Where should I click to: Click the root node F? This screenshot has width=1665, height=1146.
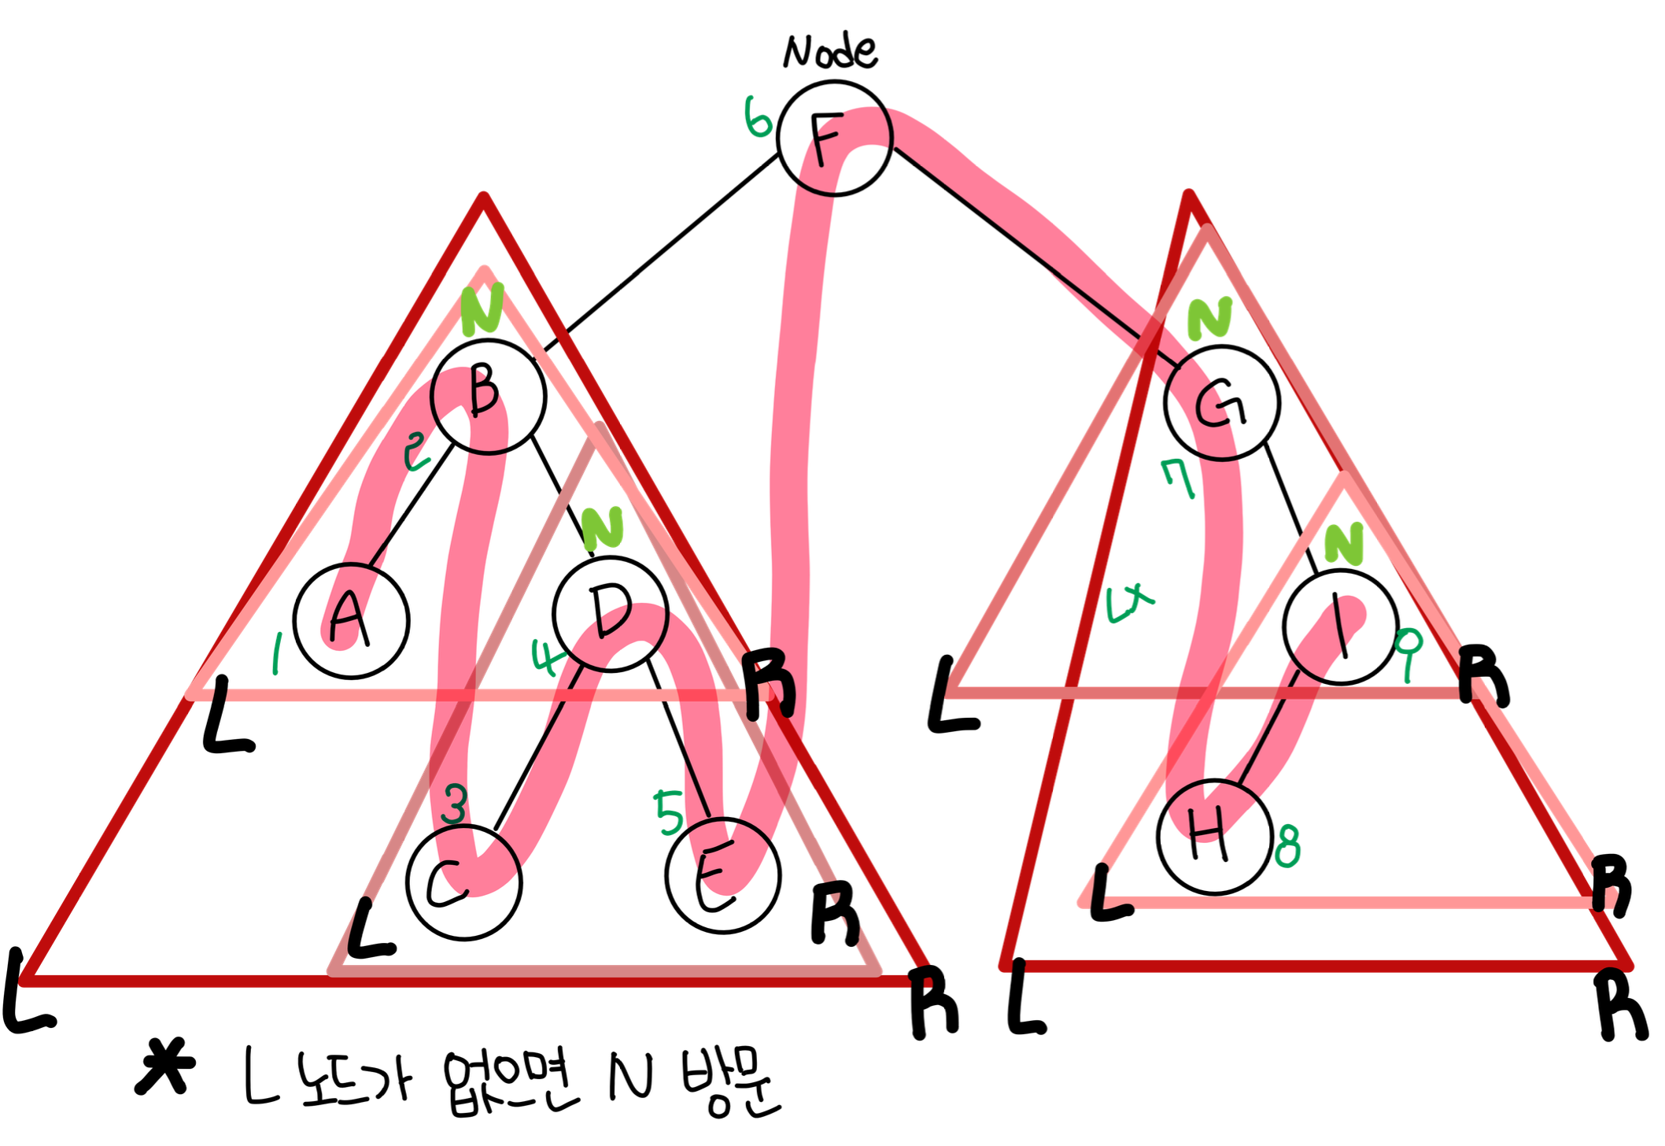tap(834, 137)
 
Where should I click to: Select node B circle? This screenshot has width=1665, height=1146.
tap(488, 396)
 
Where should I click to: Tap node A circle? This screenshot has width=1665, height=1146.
tap(352, 620)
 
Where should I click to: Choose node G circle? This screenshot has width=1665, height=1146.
tap(1222, 402)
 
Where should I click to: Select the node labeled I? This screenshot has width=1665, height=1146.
tap(1341, 627)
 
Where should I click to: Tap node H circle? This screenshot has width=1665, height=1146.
tap(1215, 837)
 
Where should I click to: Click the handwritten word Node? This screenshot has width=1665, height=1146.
tap(829, 52)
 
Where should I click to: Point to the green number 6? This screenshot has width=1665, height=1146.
tap(758, 118)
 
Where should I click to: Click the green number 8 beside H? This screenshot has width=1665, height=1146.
tap(1287, 846)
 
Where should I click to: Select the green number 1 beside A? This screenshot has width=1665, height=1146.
tap(276, 655)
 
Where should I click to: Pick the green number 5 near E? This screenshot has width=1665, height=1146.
tap(669, 812)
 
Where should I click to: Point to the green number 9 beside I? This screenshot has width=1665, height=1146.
tap(1408, 652)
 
